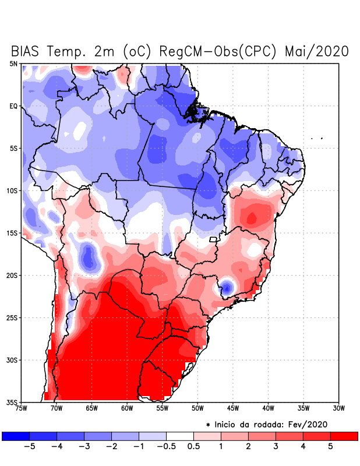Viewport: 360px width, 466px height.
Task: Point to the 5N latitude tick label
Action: (13, 63)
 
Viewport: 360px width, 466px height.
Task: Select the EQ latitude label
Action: (13, 106)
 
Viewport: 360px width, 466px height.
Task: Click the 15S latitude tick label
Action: (12, 233)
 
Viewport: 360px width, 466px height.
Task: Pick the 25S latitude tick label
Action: (12, 317)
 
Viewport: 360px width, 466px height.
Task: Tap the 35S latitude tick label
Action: (12, 402)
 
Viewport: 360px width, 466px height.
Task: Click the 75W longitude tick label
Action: (21, 408)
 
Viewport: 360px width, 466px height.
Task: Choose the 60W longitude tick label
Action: (127, 408)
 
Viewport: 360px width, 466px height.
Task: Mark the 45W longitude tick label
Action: (232, 408)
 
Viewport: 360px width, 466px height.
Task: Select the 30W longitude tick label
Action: (338, 408)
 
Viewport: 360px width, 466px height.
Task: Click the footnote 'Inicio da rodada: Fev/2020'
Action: (270, 425)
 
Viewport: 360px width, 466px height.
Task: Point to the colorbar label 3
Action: (276, 446)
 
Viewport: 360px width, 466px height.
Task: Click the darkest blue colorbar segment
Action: (16, 436)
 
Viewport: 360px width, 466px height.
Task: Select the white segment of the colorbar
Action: (179, 436)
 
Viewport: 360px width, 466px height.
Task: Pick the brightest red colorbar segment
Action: (344, 436)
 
